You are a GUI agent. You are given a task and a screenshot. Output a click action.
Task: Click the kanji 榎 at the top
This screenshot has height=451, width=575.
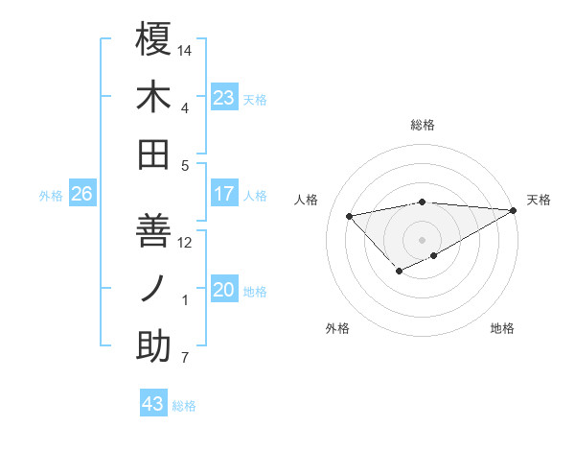pos(153,39)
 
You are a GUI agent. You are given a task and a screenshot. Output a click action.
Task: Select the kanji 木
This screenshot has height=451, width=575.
pos(153,97)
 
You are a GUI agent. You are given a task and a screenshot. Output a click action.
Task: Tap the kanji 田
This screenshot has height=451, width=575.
pos(153,154)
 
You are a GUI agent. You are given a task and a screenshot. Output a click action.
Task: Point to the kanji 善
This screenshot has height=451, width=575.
pos(153,231)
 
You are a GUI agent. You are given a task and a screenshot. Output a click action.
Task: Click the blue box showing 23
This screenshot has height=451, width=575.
pos(223,97)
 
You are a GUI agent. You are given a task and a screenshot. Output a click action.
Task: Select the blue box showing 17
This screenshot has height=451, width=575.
pos(223,194)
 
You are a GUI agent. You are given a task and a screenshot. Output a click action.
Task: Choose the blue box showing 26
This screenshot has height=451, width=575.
pos(81,194)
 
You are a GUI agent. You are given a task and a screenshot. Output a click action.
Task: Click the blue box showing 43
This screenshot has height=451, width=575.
pos(153,404)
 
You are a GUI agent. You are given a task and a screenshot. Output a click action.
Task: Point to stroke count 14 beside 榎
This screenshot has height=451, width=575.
pos(186,49)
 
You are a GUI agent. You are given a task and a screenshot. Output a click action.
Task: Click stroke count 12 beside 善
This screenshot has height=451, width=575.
pos(186,242)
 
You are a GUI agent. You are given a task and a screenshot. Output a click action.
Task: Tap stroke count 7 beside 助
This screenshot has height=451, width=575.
pos(185,359)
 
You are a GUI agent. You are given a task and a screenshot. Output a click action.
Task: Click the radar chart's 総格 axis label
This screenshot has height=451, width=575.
pos(423,125)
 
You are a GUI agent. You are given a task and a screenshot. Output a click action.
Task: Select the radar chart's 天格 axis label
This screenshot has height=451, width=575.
pos(539,200)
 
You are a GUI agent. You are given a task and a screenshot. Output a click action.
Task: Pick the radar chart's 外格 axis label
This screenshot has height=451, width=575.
pos(337,328)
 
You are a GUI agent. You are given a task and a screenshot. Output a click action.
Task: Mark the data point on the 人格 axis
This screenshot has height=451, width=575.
pos(350,215)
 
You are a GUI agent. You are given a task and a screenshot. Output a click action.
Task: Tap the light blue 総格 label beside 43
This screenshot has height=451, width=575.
pos(184,406)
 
